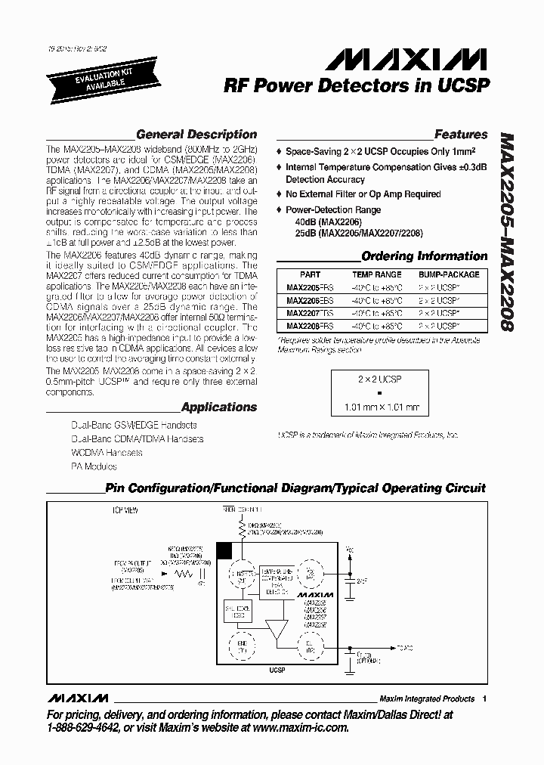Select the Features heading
460,135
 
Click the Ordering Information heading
424,256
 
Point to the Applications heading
219,407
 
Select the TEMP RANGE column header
377,275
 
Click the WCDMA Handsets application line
107,453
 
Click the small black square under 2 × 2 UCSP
380,393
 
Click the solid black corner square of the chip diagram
224,550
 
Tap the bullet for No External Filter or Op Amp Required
279,194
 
